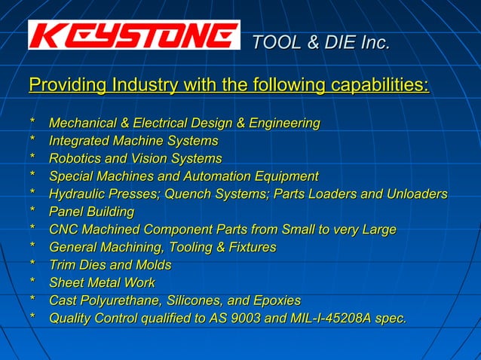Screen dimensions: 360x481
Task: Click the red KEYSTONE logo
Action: click(133, 35)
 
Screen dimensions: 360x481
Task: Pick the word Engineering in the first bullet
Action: click(284, 123)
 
